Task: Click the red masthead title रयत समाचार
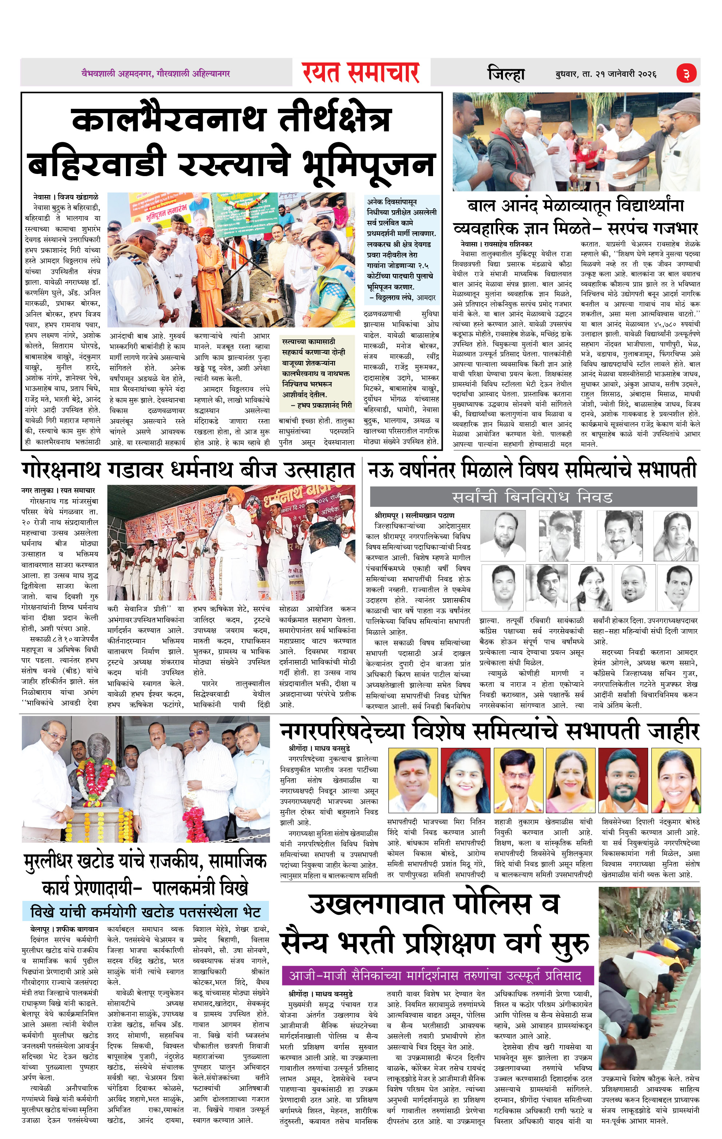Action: click(x=361, y=73)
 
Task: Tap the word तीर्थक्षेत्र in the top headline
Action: click(x=335, y=119)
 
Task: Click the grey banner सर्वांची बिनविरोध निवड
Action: click(x=533, y=497)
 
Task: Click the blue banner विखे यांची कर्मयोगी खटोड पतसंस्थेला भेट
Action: click(x=145, y=912)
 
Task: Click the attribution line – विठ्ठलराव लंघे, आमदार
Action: click(x=402, y=298)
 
